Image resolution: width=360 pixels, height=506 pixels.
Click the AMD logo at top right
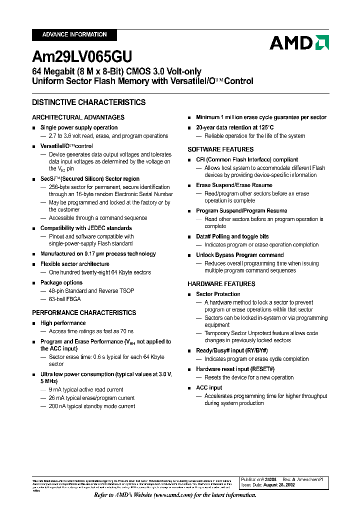[x=299, y=43]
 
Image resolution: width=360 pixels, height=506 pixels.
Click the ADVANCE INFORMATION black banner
[x=74, y=34]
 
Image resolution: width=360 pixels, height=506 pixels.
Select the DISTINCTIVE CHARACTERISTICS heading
[x=89, y=102]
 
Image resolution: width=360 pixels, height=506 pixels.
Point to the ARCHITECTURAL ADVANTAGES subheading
[x=78, y=117]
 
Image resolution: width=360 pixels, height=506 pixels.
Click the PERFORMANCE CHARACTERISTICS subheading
[x=84, y=312]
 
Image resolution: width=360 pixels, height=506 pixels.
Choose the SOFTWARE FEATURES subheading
[x=220, y=149]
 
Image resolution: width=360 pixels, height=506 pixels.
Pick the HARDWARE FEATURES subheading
[x=221, y=283]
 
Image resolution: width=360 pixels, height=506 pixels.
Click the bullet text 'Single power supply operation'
[x=79, y=127]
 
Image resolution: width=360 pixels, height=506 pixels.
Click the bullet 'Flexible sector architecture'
[x=75, y=264]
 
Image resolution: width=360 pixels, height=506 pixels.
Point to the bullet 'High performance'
[x=63, y=323]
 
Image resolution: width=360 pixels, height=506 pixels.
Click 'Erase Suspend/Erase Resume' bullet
[x=234, y=185]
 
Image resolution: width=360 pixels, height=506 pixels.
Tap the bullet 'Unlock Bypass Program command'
[x=240, y=255]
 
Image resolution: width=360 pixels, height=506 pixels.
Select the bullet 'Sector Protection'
[x=218, y=294]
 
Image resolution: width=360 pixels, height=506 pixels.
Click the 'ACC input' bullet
[x=209, y=387]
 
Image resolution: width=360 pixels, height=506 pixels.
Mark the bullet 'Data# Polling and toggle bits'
[x=232, y=236]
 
